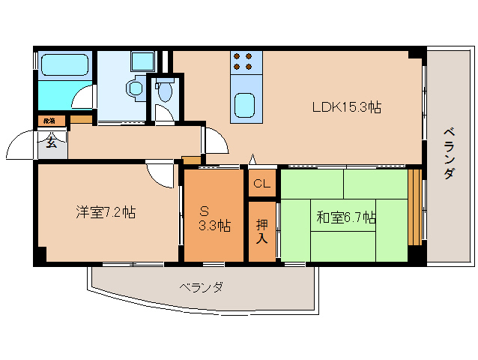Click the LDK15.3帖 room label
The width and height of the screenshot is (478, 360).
point(346,107)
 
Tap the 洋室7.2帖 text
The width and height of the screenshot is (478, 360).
point(105,212)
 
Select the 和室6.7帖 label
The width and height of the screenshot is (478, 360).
point(345,218)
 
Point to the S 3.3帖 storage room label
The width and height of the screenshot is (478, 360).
point(214,217)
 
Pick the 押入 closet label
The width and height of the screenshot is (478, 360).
point(261,231)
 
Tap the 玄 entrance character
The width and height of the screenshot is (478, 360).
point(51,143)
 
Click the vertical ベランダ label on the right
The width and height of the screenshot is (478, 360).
point(449,153)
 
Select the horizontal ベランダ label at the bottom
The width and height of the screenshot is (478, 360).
point(201,287)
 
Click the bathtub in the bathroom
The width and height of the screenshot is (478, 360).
point(64,65)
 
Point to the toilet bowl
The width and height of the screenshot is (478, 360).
point(164,92)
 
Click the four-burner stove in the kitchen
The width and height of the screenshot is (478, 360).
point(244,61)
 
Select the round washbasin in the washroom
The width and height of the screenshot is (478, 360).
point(136,88)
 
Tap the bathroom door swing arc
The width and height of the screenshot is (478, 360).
point(84,97)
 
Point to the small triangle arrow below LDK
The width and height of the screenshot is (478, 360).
point(253,159)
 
